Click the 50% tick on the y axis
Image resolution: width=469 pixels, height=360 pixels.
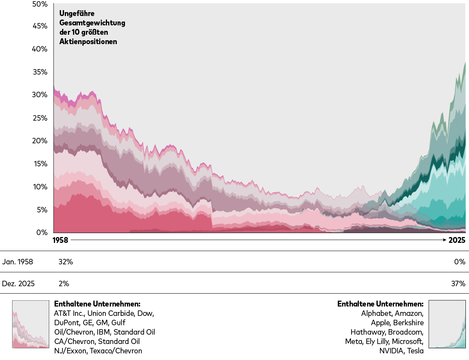point(40,4)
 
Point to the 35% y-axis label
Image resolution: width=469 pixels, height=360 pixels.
point(40,72)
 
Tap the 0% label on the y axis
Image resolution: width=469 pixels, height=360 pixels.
point(42,232)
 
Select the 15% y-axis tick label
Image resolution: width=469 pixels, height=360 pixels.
point(40,164)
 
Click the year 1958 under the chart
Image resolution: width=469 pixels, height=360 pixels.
point(60,240)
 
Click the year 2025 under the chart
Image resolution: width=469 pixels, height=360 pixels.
point(457,240)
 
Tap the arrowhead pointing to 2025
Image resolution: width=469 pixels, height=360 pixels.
point(445,240)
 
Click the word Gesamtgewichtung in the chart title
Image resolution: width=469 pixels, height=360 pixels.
point(92,23)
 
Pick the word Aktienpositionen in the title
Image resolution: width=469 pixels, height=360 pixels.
point(88,41)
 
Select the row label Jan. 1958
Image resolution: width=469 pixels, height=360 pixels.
point(18,262)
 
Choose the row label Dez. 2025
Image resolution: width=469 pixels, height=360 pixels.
point(18,283)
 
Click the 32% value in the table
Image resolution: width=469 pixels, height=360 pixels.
point(66,262)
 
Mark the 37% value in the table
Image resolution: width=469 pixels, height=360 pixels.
point(458,283)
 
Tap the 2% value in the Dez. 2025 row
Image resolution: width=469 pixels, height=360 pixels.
point(64,283)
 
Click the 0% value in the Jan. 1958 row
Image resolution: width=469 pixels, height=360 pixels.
point(460,262)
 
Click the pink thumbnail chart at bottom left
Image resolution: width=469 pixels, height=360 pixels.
point(30,324)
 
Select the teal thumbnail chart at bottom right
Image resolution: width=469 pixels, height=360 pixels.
point(447,324)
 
